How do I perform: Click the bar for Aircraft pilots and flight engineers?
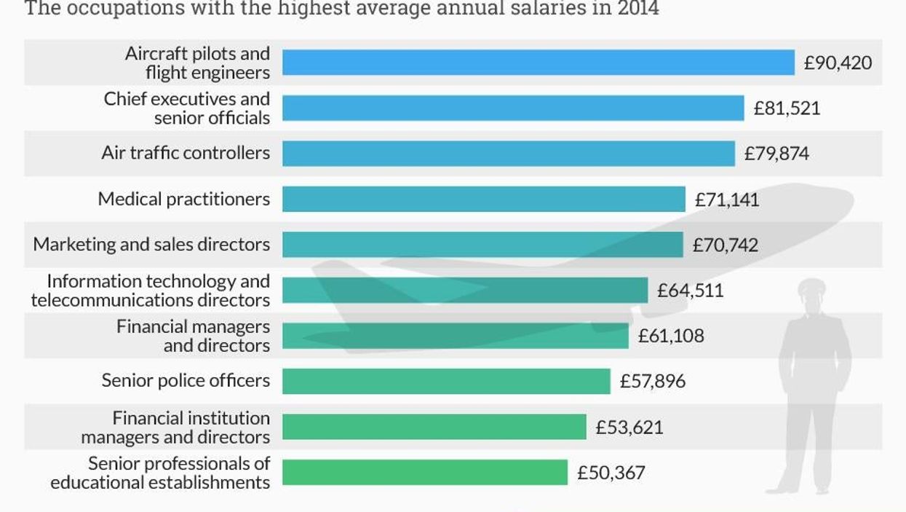click(x=538, y=63)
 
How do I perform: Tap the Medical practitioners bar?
click(x=483, y=199)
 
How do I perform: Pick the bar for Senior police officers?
click(x=445, y=381)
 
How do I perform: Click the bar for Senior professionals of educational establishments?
click(x=424, y=472)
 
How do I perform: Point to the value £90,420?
click(x=837, y=63)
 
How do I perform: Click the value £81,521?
click(x=787, y=109)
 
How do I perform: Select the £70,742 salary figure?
click(x=725, y=245)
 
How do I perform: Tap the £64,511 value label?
click(x=690, y=291)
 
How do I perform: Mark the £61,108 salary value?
click(x=671, y=336)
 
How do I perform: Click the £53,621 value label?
click(x=629, y=427)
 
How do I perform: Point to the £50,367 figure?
click(x=611, y=473)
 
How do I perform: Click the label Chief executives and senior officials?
click(x=186, y=108)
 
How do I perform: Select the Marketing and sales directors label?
click(x=151, y=245)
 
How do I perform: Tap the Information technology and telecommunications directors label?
click(x=151, y=290)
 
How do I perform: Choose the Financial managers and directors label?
click(x=194, y=336)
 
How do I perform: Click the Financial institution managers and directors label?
click(x=175, y=427)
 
